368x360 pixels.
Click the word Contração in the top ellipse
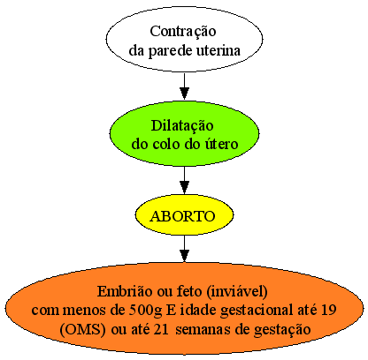(x=183, y=32)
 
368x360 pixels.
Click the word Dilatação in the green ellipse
(x=182, y=126)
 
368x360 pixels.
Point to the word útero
(x=221, y=144)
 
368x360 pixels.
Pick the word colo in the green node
(x=167, y=144)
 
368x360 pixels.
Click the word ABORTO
(x=183, y=216)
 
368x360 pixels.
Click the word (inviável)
(x=237, y=292)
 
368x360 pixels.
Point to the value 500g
(x=146, y=311)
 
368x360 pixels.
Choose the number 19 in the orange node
(x=329, y=310)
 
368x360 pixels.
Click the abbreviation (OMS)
(x=82, y=329)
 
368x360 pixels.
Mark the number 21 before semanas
(x=161, y=329)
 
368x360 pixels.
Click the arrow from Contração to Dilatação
(x=184, y=86)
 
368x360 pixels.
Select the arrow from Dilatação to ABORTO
(x=184, y=180)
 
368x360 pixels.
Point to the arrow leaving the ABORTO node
(x=184, y=249)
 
